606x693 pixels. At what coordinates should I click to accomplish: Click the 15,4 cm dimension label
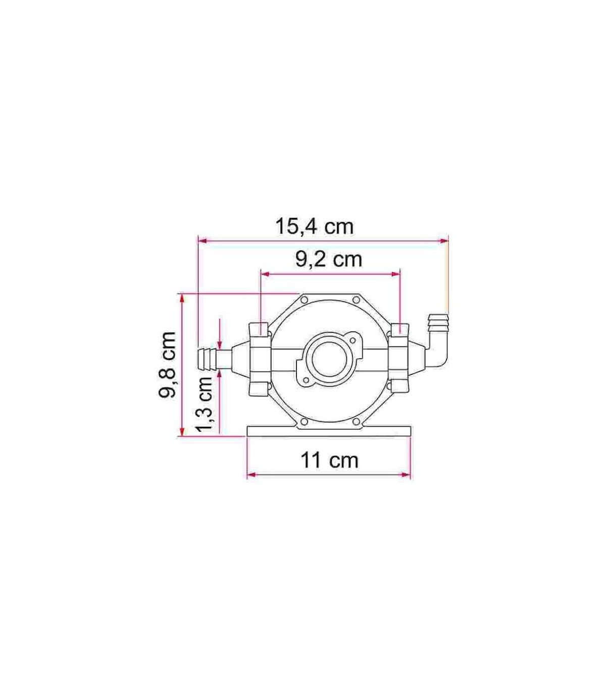[315, 227]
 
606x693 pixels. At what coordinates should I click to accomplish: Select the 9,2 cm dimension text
[329, 260]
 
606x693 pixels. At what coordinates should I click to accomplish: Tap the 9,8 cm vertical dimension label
[168, 365]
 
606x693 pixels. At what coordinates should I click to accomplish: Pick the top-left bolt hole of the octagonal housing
[304, 300]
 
